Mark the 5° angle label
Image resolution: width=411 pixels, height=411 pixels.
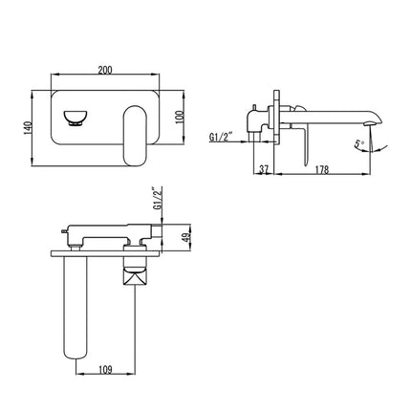357,147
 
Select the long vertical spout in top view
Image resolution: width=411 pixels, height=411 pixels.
77,306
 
